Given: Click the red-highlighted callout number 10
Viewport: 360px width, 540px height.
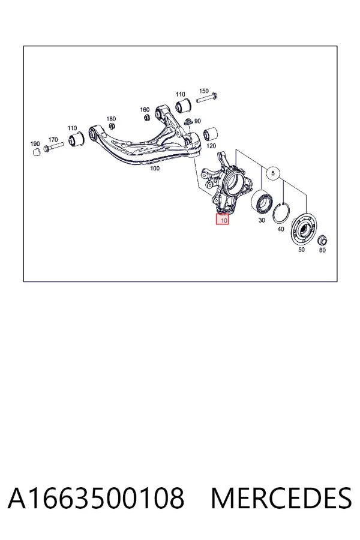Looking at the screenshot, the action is click(x=223, y=219).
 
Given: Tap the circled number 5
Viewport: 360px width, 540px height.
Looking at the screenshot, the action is click(x=273, y=173).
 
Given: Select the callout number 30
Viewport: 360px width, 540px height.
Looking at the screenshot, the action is click(x=262, y=220).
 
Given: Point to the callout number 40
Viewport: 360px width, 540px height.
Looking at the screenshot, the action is click(x=281, y=229).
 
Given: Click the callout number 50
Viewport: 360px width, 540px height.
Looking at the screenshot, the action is click(x=301, y=250).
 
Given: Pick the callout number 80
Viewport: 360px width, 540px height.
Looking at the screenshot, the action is click(x=322, y=250).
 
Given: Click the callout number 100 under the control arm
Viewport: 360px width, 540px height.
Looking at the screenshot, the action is click(x=155, y=169).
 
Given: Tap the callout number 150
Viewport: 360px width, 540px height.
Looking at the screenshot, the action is click(x=204, y=91).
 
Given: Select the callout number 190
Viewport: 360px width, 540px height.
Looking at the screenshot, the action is click(x=35, y=143).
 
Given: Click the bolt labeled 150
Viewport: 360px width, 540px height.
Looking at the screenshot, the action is click(x=206, y=98).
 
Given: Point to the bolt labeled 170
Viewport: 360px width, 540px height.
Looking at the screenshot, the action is click(x=53, y=147).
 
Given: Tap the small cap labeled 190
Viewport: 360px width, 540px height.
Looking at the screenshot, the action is click(x=35, y=152).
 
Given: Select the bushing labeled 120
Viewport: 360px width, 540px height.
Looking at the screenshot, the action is click(x=210, y=134).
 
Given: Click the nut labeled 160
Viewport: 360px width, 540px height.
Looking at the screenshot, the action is click(x=146, y=118).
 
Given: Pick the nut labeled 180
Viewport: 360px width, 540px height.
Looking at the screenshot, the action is click(x=112, y=126).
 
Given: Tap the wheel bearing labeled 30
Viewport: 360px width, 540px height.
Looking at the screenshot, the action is click(x=262, y=203).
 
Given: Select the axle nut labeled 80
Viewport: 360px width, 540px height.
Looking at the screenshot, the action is click(x=322, y=240).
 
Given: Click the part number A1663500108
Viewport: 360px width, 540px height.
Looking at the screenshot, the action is click(x=96, y=498).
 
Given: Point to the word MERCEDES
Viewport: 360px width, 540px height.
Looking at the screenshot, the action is click(x=281, y=498).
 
